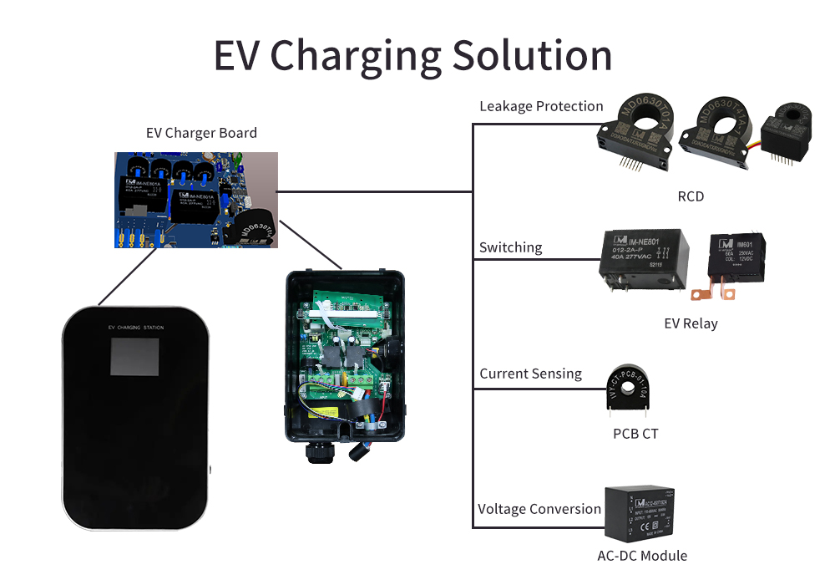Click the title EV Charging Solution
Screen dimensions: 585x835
[x=412, y=55]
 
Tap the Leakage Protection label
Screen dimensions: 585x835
[x=541, y=106]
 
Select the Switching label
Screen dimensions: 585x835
[x=510, y=247]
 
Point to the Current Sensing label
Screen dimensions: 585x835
[x=530, y=374]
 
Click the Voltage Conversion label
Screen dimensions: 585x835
[x=539, y=509]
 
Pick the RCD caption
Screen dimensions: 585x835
[x=691, y=196]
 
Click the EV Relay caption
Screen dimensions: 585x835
[x=689, y=323]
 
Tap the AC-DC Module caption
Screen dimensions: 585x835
[x=642, y=556]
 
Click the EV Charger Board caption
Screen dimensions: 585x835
[x=201, y=133]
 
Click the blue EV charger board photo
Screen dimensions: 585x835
[x=196, y=200]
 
